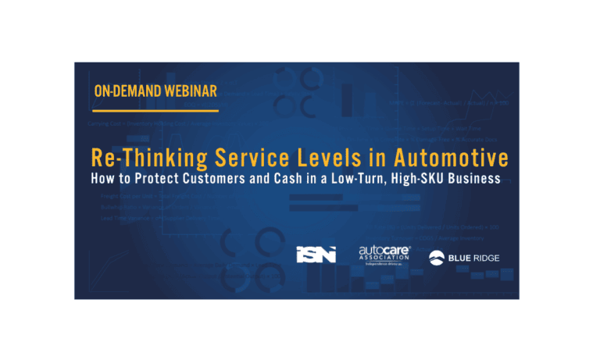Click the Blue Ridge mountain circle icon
tap(437, 255)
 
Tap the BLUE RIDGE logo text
tap(474, 255)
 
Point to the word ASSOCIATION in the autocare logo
tap(384, 258)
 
